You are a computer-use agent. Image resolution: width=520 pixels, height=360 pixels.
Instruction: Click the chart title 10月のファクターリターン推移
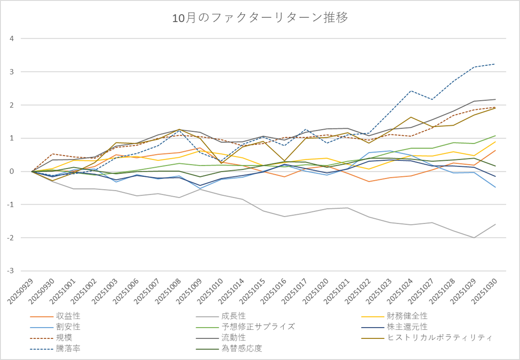pyautogui.click(x=260, y=18)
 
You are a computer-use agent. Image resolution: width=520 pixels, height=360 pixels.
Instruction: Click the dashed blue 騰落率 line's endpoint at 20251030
pyautogui.click(x=495, y=64)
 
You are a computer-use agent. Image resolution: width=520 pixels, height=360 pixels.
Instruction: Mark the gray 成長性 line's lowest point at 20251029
pyautogui.click(x=474, y=238)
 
